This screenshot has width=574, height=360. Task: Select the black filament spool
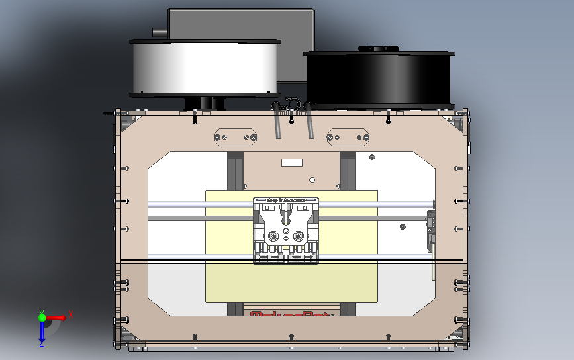click(x=377, y=78)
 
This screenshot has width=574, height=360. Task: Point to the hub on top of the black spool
click(x=377, y=48)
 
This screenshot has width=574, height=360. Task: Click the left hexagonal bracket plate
click(x=235, y=137)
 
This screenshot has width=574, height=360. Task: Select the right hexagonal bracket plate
click(x=348, y=137)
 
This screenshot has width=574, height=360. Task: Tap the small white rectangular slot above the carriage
click(x=292, y=163)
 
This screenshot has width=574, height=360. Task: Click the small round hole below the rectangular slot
click(x=312, y=179)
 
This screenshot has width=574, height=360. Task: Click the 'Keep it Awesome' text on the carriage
click(x=286, y=199)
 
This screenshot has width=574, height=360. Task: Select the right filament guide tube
click(x=309, y=126)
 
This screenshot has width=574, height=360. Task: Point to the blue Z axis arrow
click(x=42, y=334)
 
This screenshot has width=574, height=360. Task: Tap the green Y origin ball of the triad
click(x=42, y=318)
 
